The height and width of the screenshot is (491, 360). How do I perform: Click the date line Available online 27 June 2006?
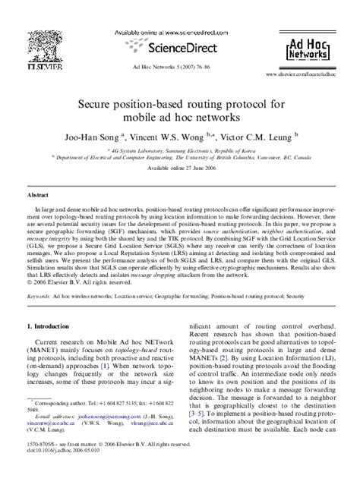(x=179, y=172)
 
